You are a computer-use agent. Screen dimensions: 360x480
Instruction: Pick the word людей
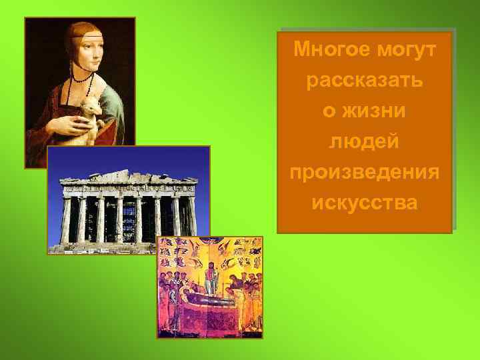point(365,141)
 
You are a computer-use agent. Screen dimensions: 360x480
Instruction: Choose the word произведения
point(365,172)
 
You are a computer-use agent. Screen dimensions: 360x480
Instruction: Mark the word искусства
point(365,203)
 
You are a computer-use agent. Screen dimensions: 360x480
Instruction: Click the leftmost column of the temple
point(66,220)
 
